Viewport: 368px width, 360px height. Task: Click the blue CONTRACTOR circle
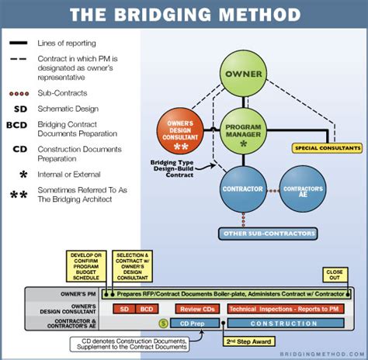click(243, 189)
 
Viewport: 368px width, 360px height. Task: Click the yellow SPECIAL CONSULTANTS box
click(327, 147)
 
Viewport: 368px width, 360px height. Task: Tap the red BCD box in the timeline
click(148, 309)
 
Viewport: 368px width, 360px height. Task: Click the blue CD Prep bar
click(193, 322)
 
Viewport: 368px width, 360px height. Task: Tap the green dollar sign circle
click(163, 322)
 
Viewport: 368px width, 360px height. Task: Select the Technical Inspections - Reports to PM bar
click(284, 309)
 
